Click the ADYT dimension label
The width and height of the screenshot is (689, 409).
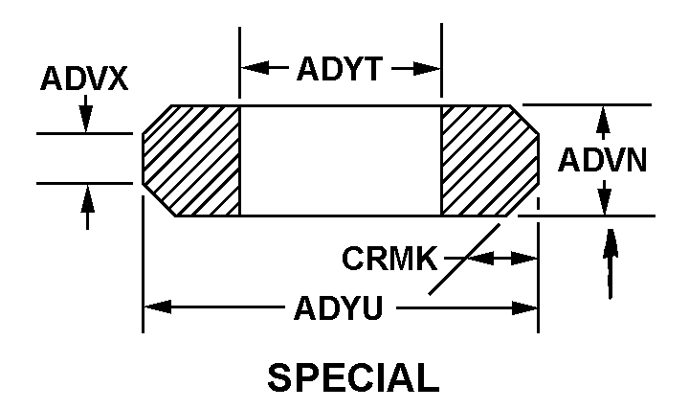339,69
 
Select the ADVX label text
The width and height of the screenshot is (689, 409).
84,79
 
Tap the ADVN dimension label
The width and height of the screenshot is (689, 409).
604,159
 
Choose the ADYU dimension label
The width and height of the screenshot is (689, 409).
340,308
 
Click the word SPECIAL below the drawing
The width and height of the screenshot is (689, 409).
352,377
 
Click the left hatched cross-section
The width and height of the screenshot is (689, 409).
192,160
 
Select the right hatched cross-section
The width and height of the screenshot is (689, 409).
486,160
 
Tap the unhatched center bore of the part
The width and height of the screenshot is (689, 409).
340,160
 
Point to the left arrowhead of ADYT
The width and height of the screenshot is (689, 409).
248,69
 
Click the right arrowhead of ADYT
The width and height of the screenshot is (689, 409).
433,69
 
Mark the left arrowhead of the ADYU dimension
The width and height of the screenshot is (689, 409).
153,308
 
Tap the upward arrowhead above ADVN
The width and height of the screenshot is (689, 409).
604,116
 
